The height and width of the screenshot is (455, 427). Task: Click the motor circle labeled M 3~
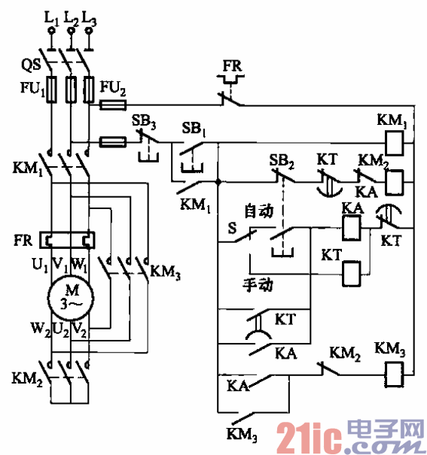coord(69,295)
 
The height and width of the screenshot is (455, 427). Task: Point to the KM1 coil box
coord(395,138)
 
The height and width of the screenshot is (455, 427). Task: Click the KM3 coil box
coord(395,369)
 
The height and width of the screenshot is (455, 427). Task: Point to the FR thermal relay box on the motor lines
coord(69,241)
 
